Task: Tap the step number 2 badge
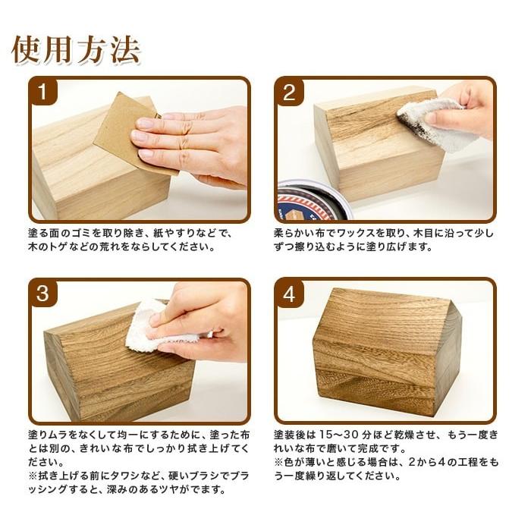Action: tap(288, 93)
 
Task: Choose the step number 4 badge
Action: tap(288, 294)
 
